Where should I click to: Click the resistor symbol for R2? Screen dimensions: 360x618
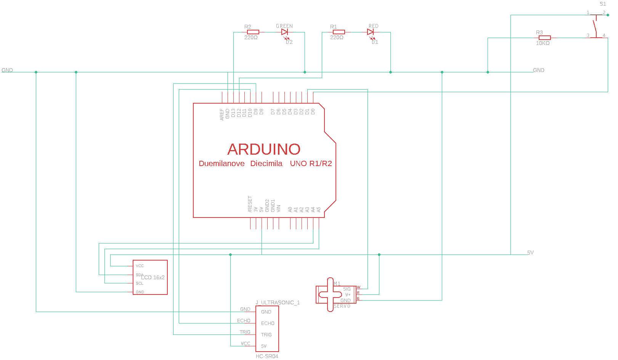[x=253, y=32]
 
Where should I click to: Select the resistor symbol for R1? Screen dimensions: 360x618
[x=339, y=32]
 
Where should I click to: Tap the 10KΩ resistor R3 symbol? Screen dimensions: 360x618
[x=544, y=38]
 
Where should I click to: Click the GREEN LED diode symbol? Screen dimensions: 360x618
[x=284, y=32]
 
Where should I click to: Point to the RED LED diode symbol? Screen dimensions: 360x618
[x=370, y=32]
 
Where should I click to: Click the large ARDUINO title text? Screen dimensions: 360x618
[x=264, y=149]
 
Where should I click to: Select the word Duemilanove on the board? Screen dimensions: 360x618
[x=222, y=163]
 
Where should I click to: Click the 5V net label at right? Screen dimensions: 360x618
[x=530, y=253]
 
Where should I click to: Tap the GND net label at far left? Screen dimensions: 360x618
[x=7, y=70]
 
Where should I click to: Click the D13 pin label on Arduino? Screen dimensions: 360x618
[x=233, y=113]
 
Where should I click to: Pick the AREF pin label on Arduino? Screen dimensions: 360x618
[x=222, y=115]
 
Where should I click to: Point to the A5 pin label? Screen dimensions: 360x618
[x=319, y=210]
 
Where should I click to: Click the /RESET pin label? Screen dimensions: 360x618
[x=250, y=204]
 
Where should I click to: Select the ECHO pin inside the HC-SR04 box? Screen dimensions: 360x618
[x=268, y=323]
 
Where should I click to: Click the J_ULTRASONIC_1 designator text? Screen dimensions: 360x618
[x=278, y=302]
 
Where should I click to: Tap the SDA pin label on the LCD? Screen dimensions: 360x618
[x=139, y=275]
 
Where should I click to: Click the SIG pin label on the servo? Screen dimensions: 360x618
[x=347, y=289]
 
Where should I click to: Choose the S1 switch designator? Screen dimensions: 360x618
[x=603, y=4]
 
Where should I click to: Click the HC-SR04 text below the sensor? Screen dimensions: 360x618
[x=267, y=357]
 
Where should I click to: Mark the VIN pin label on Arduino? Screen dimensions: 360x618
[x=279, y=209]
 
